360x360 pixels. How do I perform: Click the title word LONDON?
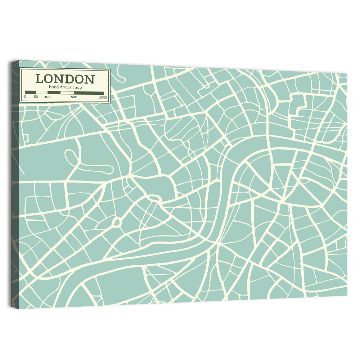65,79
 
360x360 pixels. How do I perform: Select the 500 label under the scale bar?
74,97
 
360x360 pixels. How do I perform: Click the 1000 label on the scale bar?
103,97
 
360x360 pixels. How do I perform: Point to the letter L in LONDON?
40,79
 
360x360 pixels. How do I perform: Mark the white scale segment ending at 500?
67,93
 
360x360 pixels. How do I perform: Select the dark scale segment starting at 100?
54,93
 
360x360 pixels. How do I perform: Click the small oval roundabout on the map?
117,222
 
